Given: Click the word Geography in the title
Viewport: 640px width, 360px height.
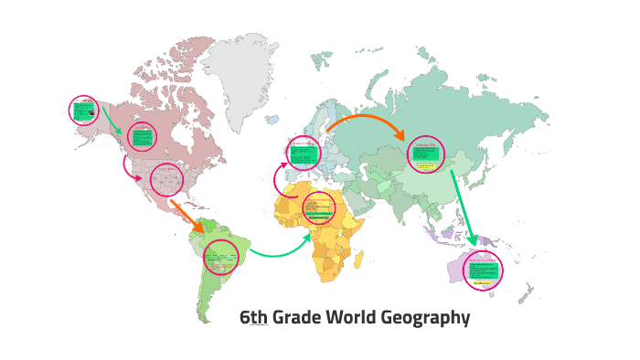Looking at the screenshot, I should tap(423, 318).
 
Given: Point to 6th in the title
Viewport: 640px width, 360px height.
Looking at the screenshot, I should tap(253, 318).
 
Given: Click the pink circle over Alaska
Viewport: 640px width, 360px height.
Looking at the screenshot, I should tap(85, 111).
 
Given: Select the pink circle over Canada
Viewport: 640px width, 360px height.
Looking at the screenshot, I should tap(142, 138).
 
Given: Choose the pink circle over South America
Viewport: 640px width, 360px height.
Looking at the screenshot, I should tap(220, 257).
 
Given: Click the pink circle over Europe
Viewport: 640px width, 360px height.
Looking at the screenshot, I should tap(303, 153).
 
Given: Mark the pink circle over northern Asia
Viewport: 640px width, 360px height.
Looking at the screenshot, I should tap(424, 154).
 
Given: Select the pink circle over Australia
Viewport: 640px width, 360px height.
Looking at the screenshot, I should tap(482, 270).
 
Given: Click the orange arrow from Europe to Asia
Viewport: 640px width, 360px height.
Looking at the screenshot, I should tap(366, 122).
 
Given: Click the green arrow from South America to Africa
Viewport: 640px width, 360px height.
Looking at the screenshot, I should tap(279, 250).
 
